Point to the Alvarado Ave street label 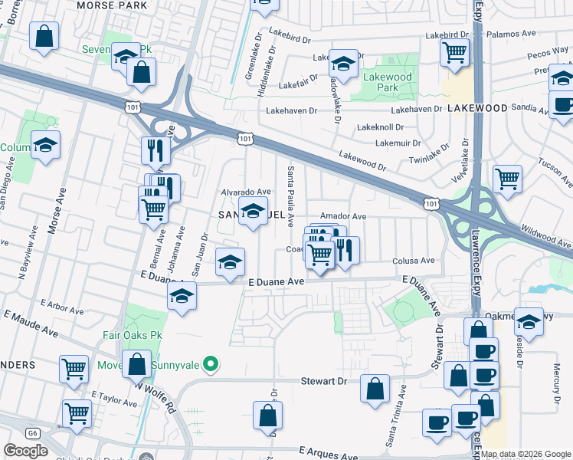coord(246,192)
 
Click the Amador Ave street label coord(343,217)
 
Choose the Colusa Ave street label coord(414,261)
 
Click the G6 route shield coord(32,433)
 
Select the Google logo coord(25,451)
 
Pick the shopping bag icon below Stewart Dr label coord(375,387)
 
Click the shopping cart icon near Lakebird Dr coord(454,53)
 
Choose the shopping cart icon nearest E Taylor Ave coord(77,412)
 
